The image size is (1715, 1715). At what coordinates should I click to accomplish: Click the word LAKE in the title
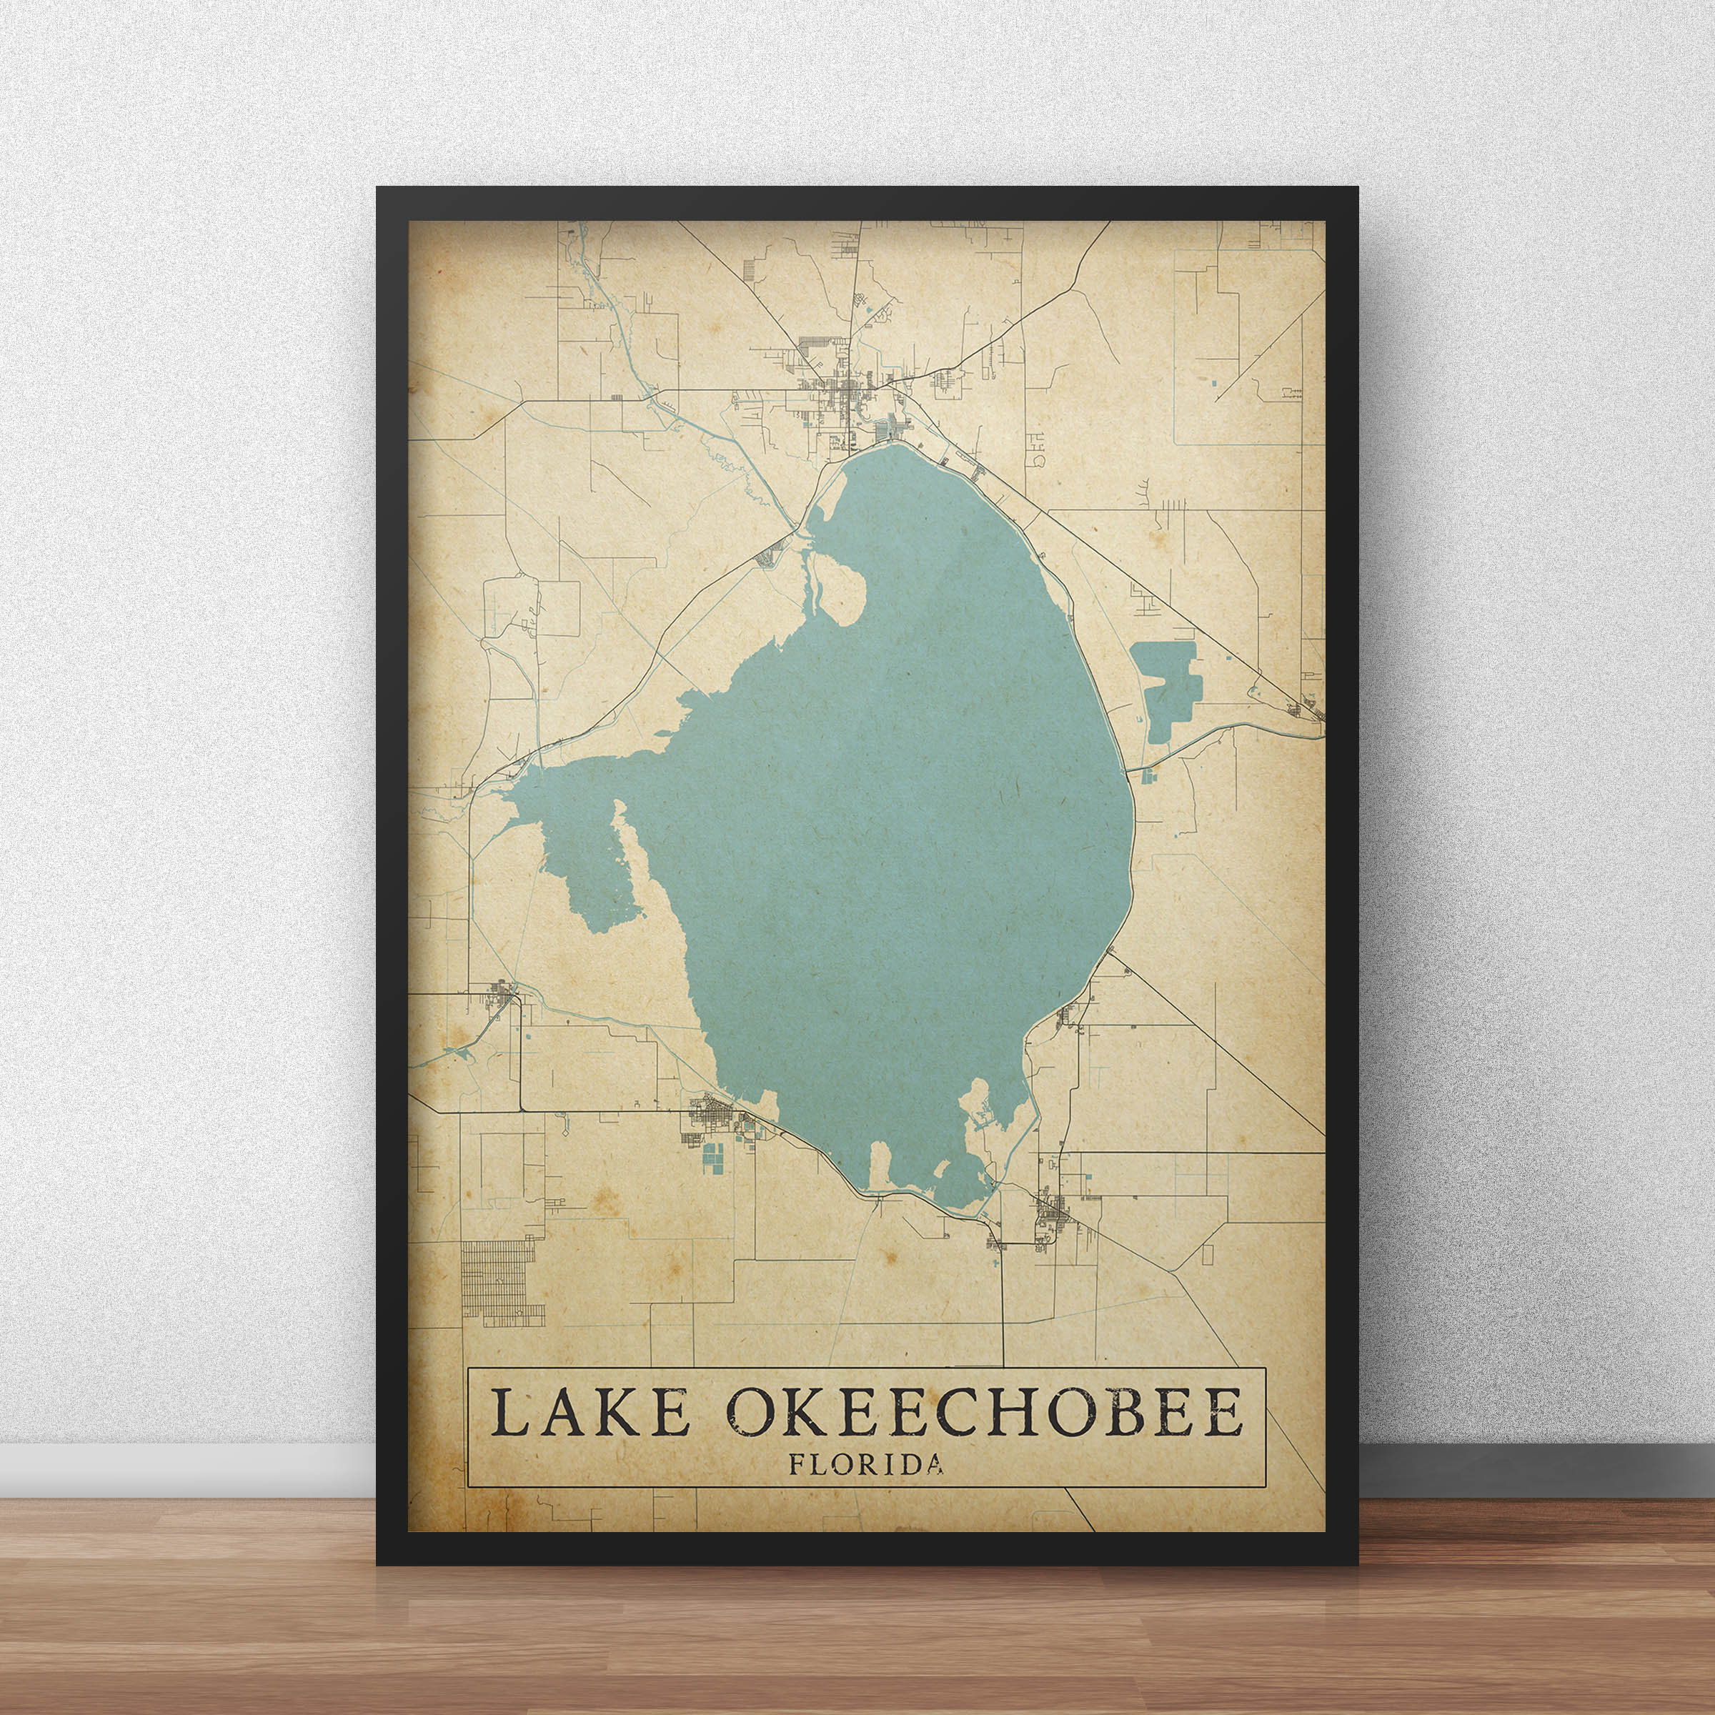coord(590,1412)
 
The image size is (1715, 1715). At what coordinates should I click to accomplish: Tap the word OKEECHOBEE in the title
coord(983,1412)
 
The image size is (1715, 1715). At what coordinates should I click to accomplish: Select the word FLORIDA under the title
coord(865,1463)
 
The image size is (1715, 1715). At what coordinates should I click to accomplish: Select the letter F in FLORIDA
coord(796,1463)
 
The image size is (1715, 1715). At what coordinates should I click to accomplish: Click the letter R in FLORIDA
coord(862,1463)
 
